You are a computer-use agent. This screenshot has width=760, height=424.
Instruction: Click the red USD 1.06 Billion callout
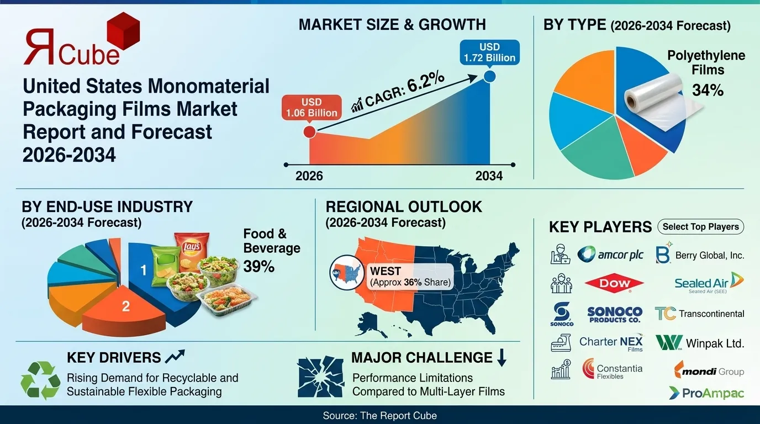click(312, 108)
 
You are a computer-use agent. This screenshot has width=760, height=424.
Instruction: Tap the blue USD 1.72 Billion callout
click(489, 52)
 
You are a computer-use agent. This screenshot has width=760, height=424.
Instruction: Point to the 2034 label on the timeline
click(489, 176)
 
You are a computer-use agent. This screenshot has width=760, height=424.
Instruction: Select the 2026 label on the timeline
click(309, 176)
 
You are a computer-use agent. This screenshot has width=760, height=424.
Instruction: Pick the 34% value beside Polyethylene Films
click(708, 90)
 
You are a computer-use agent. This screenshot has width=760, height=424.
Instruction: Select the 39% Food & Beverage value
click(259, 266)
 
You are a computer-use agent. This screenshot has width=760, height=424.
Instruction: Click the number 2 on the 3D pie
click(126, 306)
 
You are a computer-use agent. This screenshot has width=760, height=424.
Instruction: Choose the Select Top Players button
click(700, 226)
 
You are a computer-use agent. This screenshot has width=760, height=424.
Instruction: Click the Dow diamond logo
click(615, 284)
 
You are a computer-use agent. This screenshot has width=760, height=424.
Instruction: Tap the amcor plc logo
click(610, 255)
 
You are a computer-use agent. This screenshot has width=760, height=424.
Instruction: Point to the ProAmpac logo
click(706, 393)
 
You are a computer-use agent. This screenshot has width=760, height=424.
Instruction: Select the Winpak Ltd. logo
click(700, 343)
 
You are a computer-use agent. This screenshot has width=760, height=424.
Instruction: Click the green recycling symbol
click(40, 380)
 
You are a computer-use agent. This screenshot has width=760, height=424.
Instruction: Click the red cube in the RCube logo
click(122, 31)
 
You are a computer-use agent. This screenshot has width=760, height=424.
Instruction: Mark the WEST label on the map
click(385, 271)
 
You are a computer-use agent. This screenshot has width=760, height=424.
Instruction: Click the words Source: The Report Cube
click(380, 415)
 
